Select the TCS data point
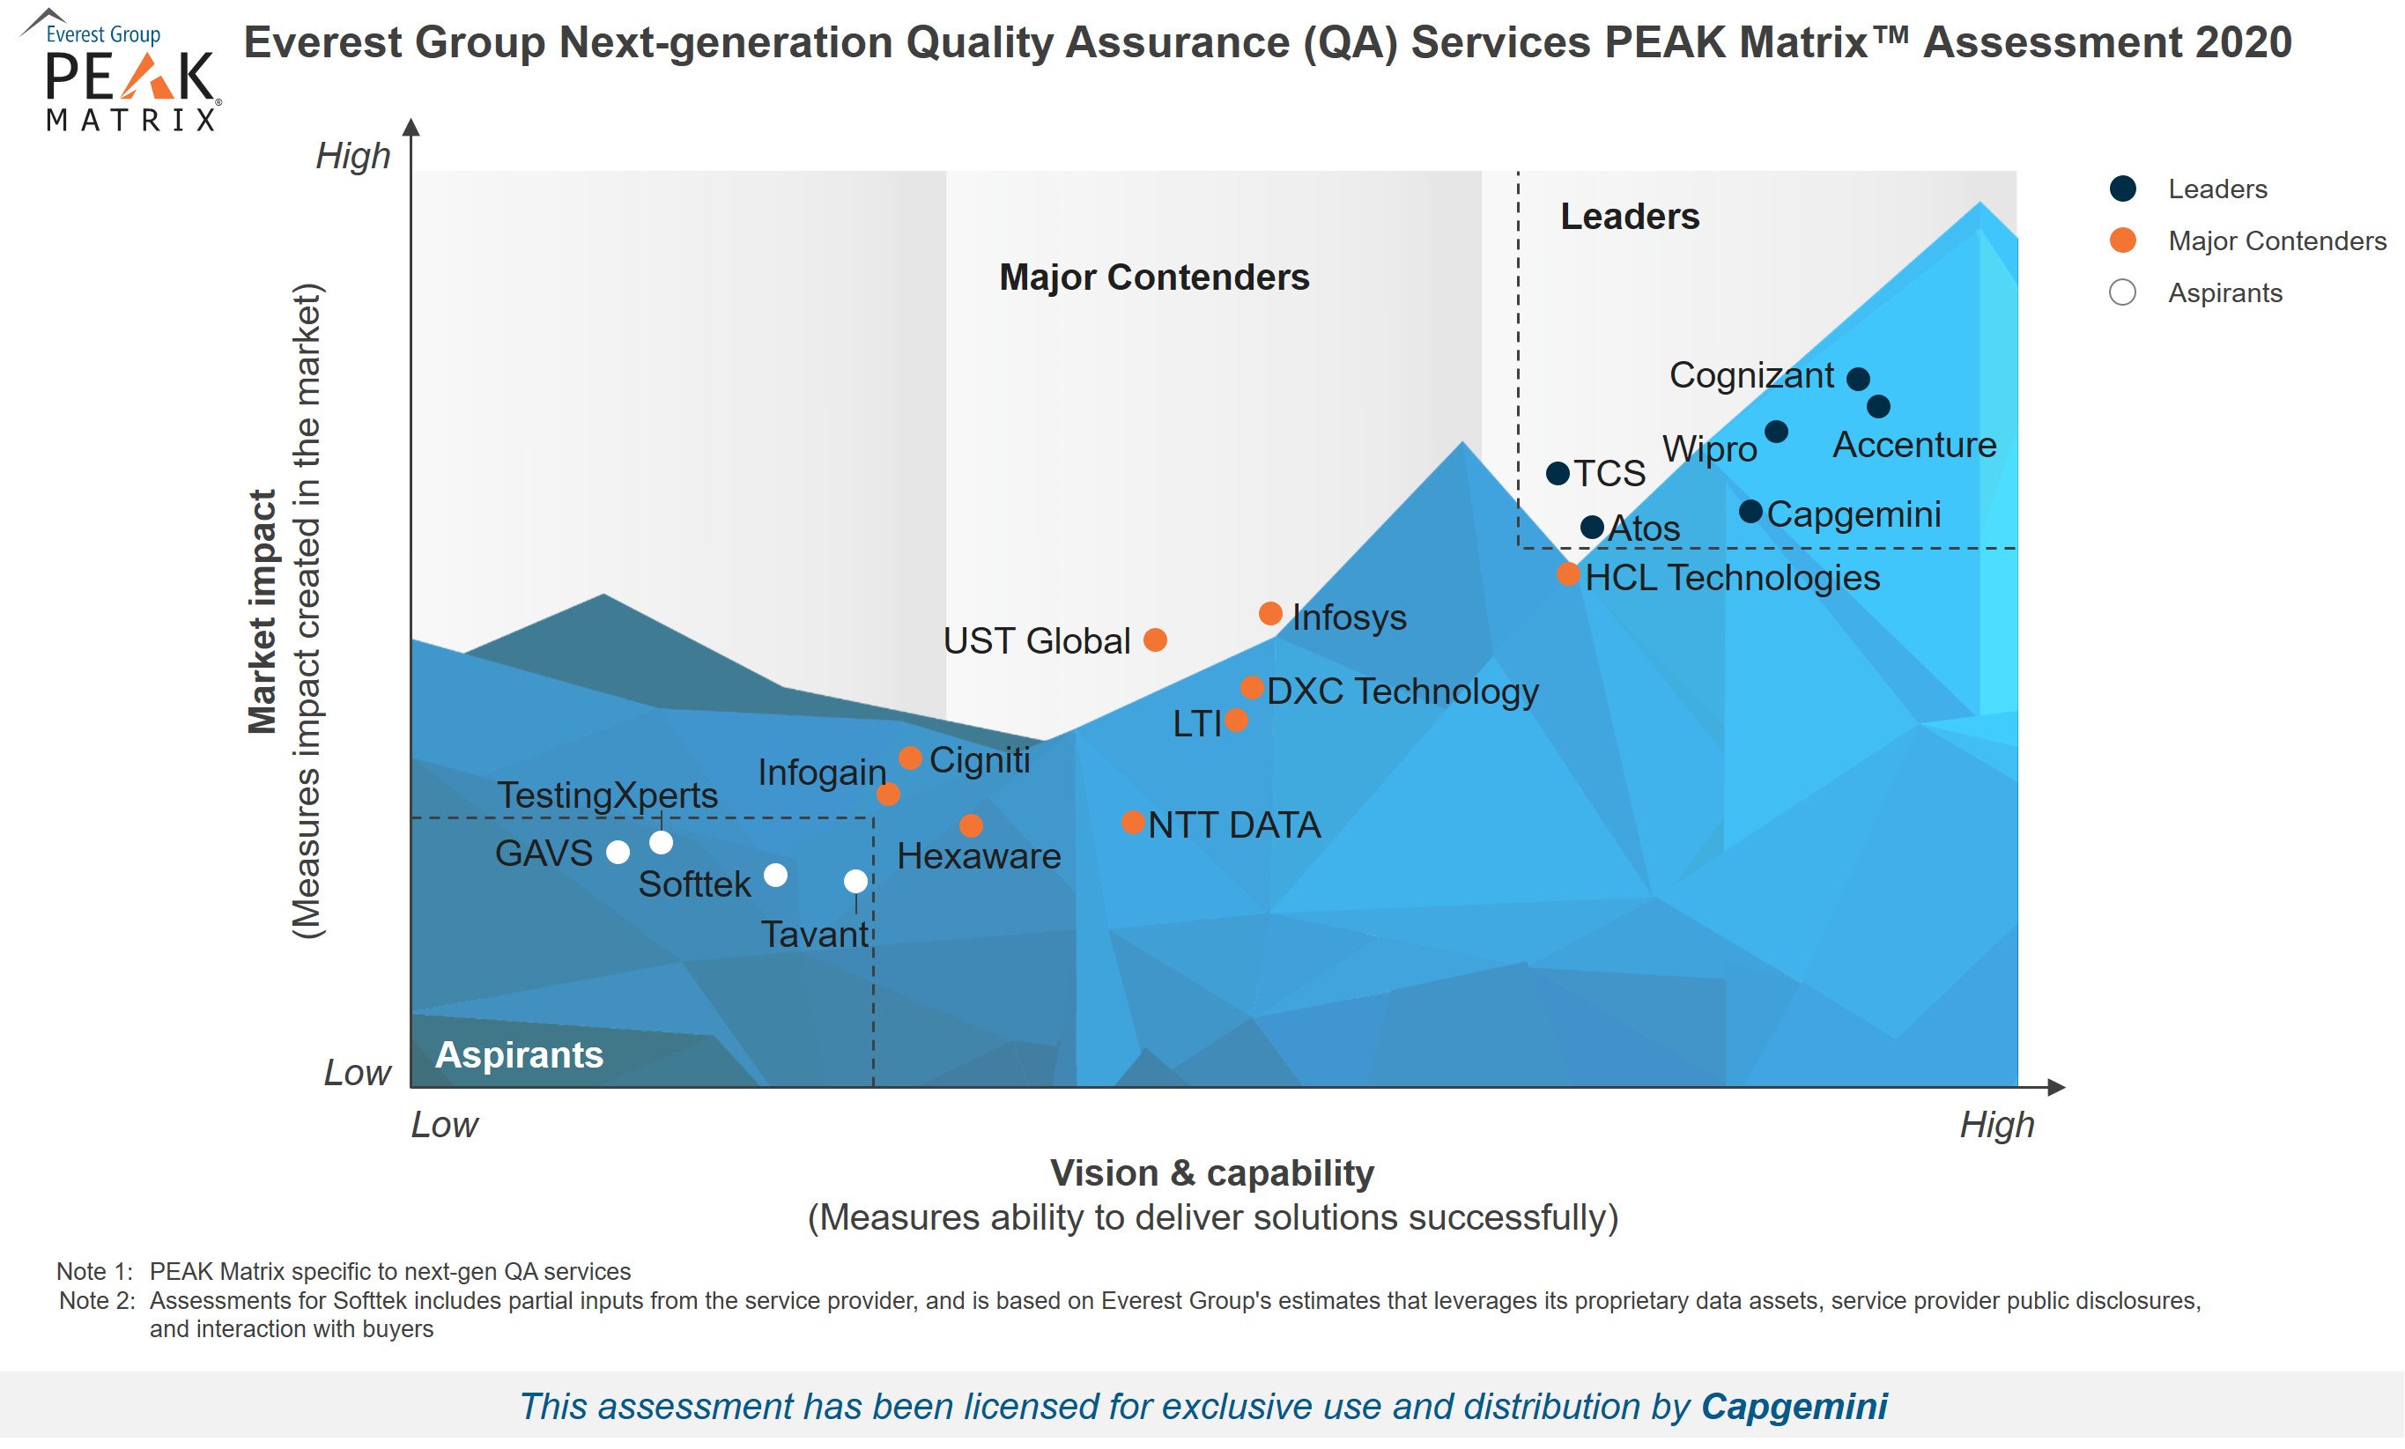pos(1558,474)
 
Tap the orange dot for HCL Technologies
pos(1568,573)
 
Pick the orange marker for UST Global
pos(1155,640)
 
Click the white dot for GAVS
pos(618,853)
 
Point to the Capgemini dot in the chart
pos(1751,511)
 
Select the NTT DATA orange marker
pos(1132,823)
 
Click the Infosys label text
pos(1349,617)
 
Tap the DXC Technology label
pos(1402,691)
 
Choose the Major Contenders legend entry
pos(2276,241)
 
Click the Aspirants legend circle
pos(2122,292)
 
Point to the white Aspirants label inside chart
pos(518,1054)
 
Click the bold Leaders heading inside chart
pos(1629,217)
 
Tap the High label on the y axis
pos(352,156)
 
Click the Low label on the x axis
pos(444,1125)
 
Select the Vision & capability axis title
pos(1211,1173)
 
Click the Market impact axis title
pos(262,612)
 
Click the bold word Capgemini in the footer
pos(1793,1407)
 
